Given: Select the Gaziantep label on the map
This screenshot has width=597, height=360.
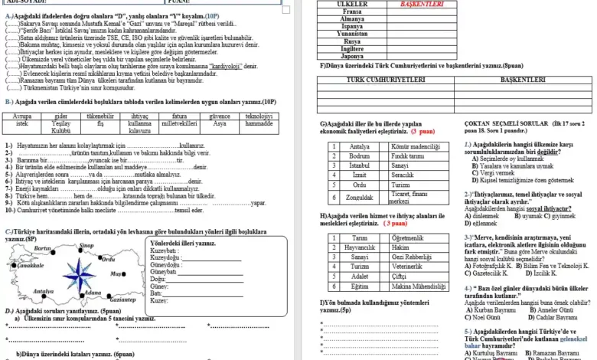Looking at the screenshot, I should [x=112, y=299].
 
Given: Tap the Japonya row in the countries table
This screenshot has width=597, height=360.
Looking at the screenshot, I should [x=351, y=56].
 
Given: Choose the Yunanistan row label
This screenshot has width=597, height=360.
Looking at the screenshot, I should [x=351, y=33].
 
